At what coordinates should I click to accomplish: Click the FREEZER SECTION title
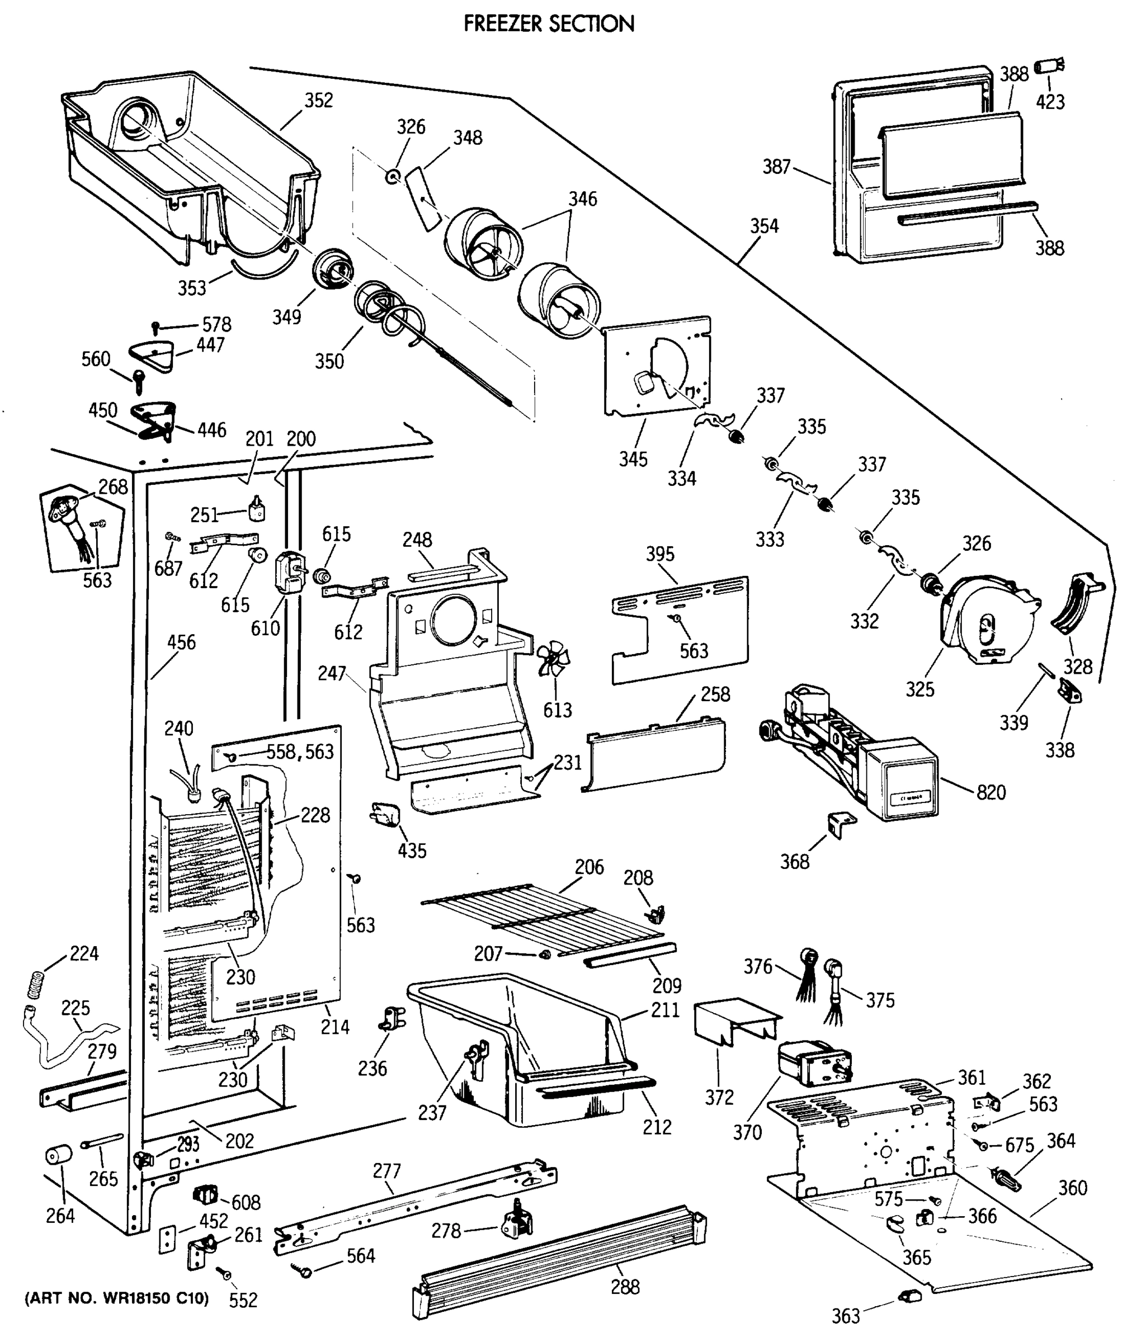coord(548,24)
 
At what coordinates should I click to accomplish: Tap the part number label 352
coord(318,101)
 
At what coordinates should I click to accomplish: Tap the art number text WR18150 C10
coord(116,1298)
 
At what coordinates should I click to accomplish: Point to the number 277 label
coord(386,1171)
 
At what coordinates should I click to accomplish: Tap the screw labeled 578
coord(155,327)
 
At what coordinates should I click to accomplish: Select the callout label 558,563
coord(300,752)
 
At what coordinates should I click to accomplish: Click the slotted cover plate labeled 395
coord(680,629)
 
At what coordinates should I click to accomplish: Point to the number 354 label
coord(764,226)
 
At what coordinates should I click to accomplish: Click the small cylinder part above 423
coord(1048,66)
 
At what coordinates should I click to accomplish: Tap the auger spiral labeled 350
coord(389,311)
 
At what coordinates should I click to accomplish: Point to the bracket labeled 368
coord(840,823)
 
